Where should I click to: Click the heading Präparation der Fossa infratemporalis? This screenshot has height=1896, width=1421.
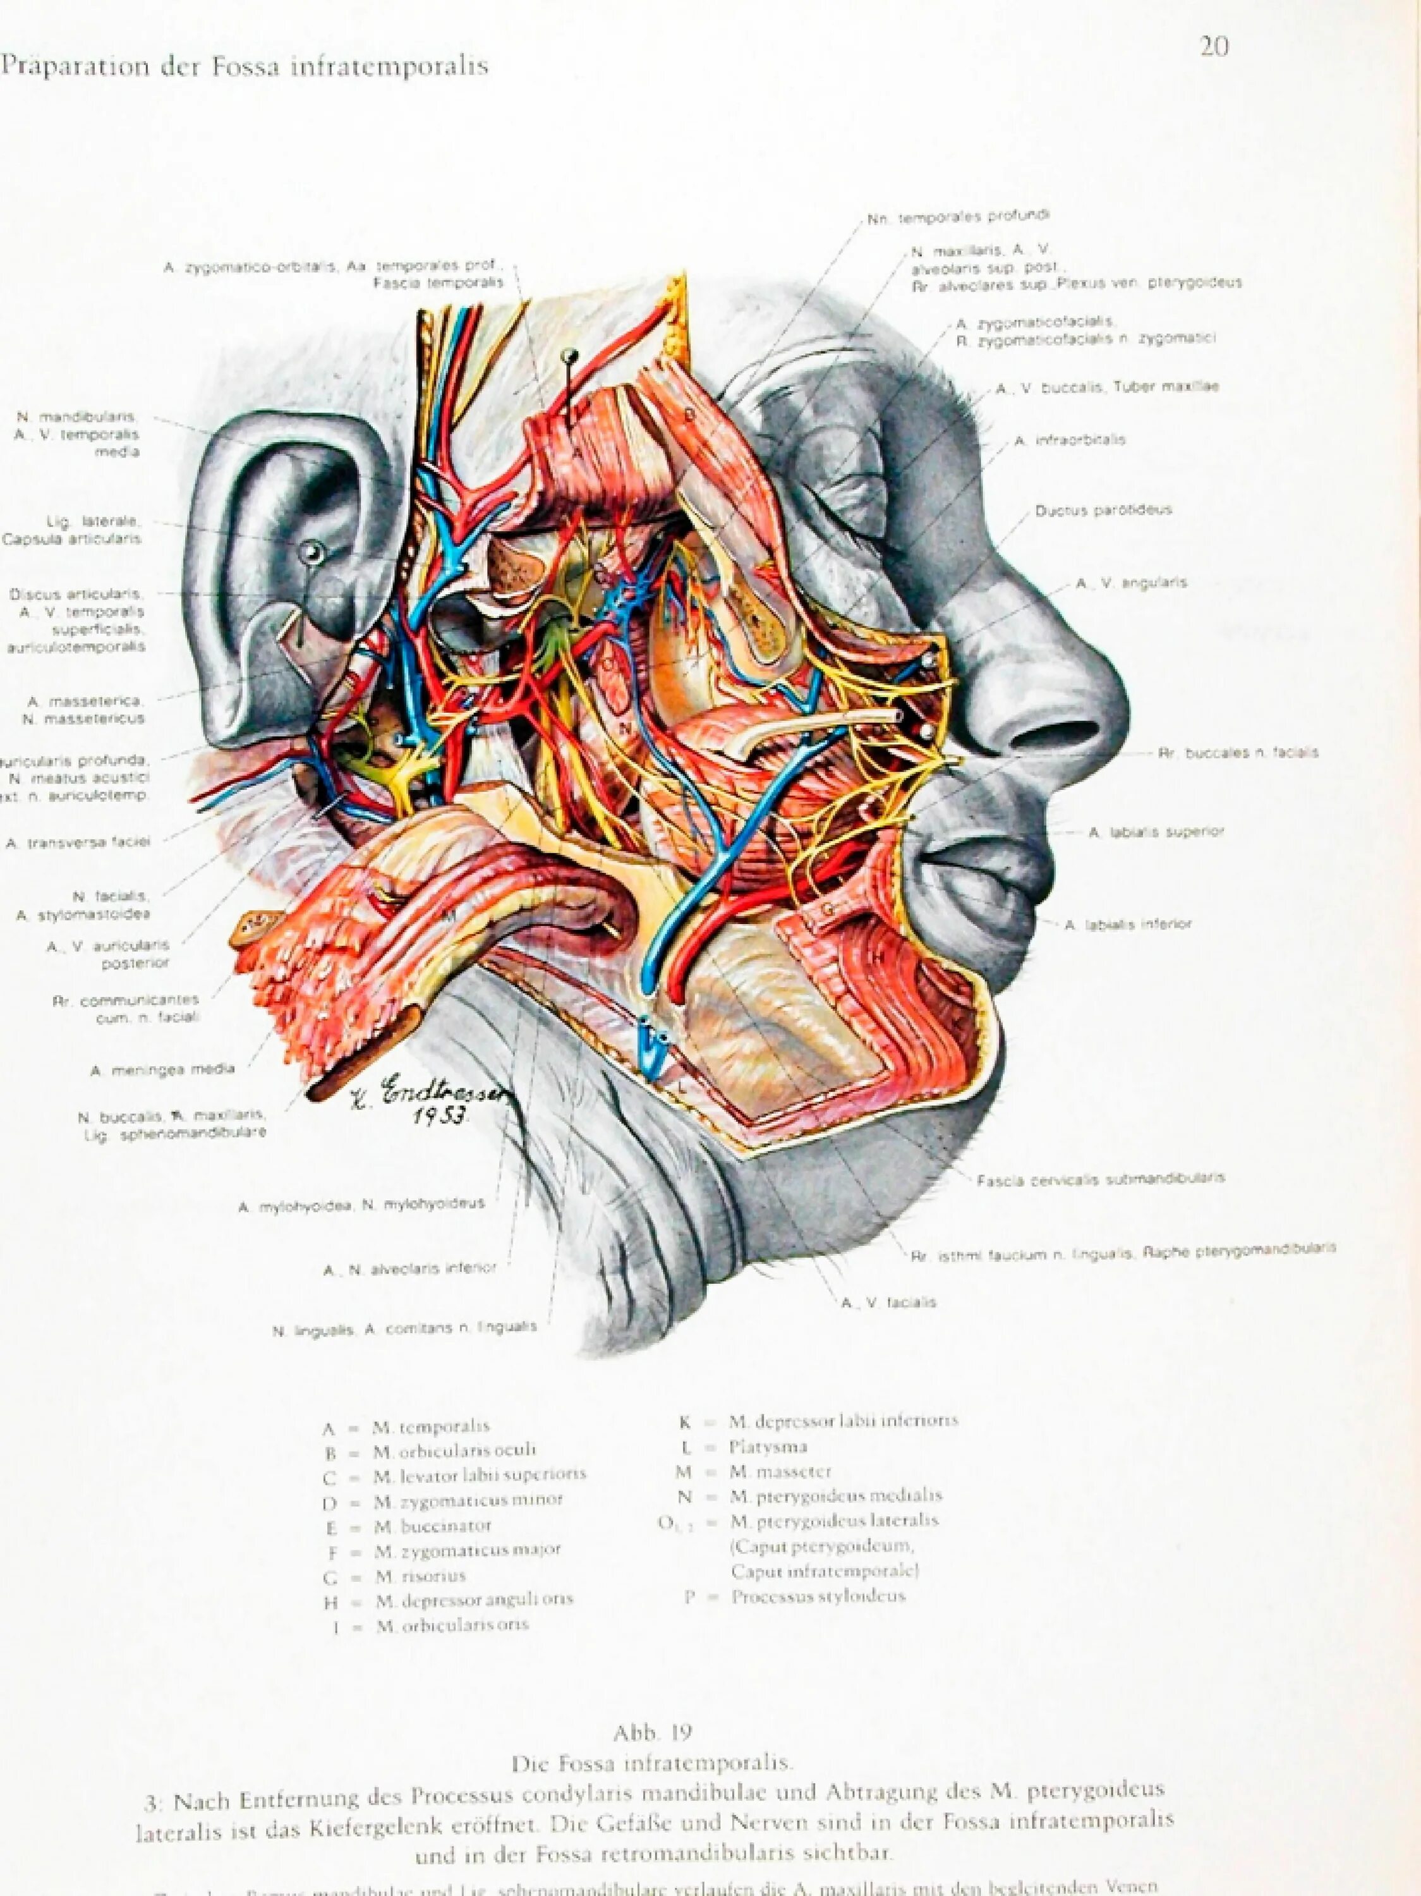[x=245, y=67]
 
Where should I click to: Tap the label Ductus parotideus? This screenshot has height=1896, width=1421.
[x=1102, y=511]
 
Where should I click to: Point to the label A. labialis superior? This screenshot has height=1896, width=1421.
[x=1155, y=832]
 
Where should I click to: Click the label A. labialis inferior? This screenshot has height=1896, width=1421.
[x=1127, y=925]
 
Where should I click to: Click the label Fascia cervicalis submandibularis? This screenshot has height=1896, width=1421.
[x=1101, y=1179]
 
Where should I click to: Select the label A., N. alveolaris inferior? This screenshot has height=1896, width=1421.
[x=409, y=1270]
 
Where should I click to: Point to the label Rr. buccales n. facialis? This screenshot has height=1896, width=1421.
[x=1238, y=753]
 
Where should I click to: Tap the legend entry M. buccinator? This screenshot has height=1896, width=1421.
[x=432, y=1526]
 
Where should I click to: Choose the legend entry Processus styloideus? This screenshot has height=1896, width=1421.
[x=818, y=1597]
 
